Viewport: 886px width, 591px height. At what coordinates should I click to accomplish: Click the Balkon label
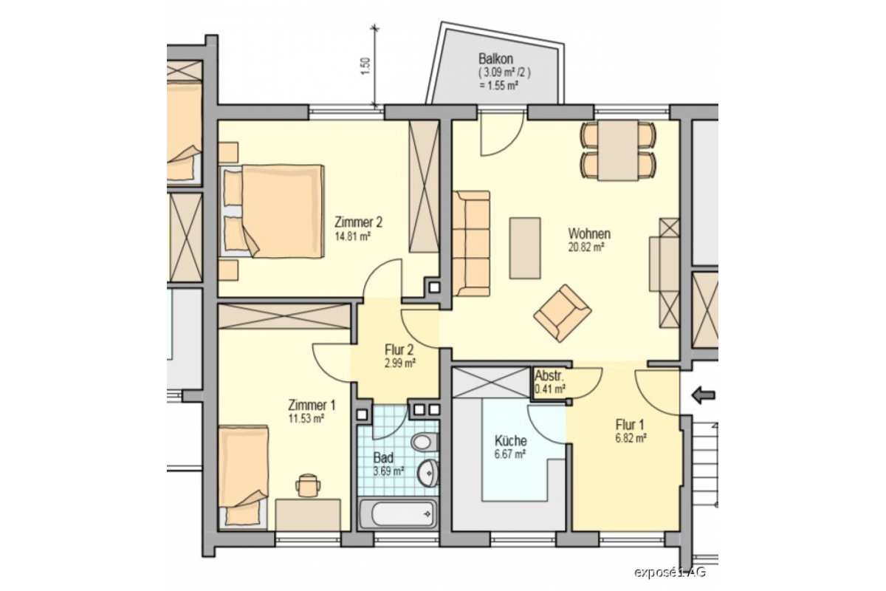point(495,59)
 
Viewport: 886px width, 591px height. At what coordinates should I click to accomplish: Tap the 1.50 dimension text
point(366,67)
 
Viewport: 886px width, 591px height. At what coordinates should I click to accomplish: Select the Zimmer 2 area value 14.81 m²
point(352,236)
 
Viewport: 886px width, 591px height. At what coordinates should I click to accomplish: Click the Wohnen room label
point(589,233)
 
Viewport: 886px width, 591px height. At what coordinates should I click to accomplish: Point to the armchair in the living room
point(563,312)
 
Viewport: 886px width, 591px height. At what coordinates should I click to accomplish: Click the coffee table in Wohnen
point(525,248)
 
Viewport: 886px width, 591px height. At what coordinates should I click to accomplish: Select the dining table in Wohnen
point(618,151)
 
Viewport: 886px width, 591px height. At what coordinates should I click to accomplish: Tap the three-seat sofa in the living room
point(471,244)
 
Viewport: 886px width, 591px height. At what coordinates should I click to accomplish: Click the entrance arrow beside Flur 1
point(704,395)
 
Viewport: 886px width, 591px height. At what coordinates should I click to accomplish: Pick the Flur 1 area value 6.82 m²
point(631,439)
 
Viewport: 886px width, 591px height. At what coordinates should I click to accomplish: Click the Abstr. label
point(549,375)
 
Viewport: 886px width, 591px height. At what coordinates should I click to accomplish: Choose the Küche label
point(510,440)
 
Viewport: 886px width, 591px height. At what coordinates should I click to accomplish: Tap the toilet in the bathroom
point(425,441)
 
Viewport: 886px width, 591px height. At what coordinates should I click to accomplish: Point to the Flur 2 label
point(399,349)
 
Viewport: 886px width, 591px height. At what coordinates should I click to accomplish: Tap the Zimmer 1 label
point(312,405)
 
